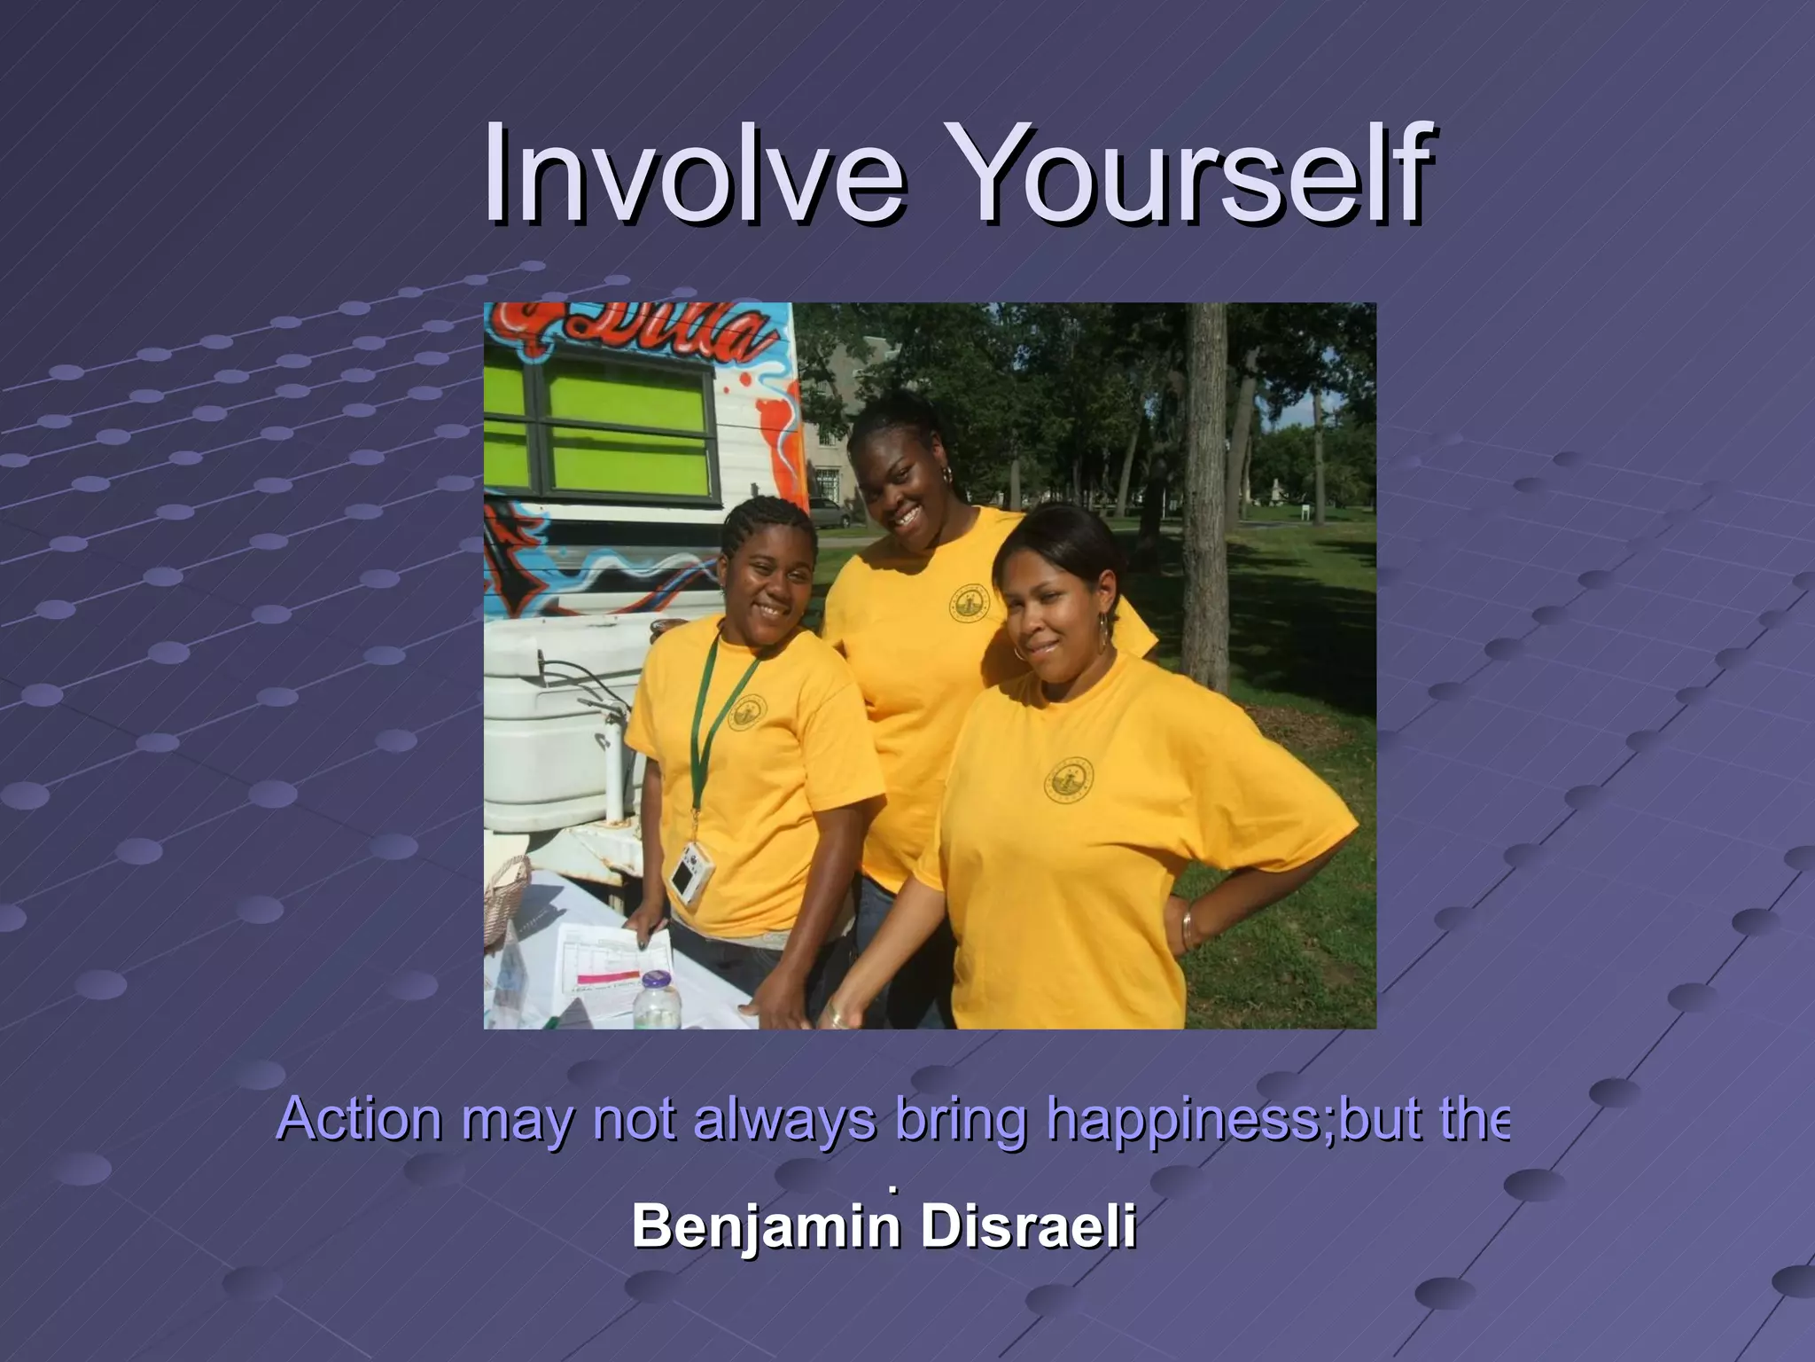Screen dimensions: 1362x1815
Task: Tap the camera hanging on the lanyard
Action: (x=689, y=872)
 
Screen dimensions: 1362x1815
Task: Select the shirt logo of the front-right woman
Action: (x=1068, y=780)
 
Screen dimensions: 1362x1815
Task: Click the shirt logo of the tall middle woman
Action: (x=968, y=603)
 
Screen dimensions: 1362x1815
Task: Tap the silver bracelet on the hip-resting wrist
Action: (x=1187, y=928)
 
